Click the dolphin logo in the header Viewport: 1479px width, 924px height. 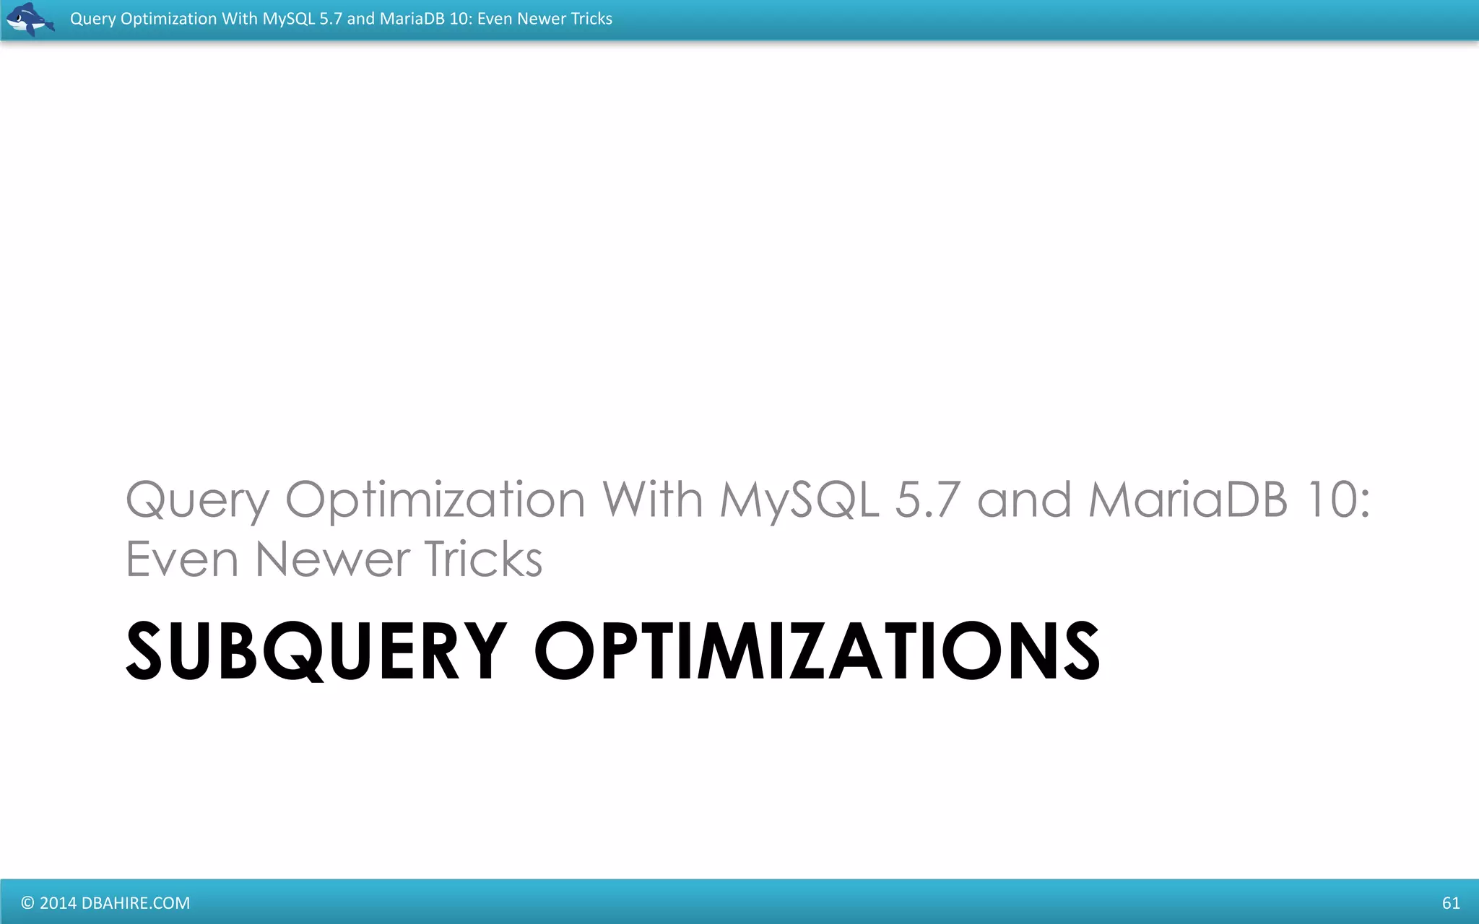click(29, 19)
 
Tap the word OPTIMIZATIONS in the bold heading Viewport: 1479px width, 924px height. click(816, 651)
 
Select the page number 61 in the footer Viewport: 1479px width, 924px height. click(1450, 903)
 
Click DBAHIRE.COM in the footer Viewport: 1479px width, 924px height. click(136, 903)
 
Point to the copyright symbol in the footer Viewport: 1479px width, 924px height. click(27, 903)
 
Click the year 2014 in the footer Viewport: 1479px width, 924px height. click(58, 903)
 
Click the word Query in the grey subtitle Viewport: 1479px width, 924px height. click(197, 500)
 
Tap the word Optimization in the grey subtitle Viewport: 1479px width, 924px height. click(435, 500)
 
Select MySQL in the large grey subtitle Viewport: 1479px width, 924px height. click(799, 500)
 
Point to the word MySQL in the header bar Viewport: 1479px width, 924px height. click(288, 19)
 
